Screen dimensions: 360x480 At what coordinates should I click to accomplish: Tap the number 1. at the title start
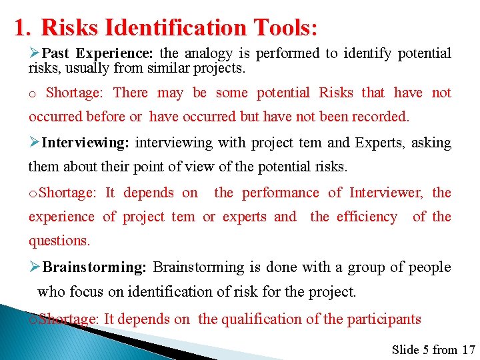click(23, 28)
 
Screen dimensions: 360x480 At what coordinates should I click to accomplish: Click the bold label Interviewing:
click(86, 143)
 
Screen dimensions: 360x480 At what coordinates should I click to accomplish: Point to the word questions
click(59, 240)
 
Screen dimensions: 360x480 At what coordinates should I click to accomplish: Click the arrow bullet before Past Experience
click(35, 53)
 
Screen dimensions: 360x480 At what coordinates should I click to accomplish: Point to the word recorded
click(383, 117)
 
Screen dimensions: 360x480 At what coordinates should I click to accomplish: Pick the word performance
click(280, 193)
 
